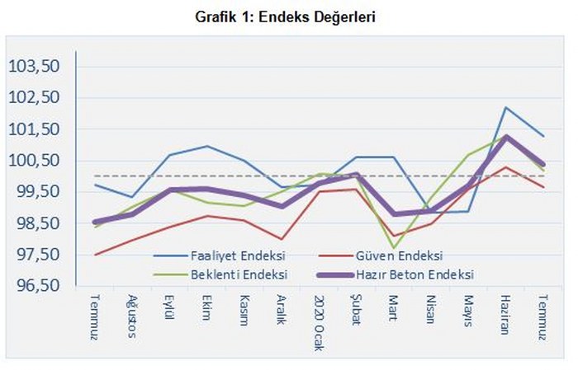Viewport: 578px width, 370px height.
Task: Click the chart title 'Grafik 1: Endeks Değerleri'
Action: pos(289,16)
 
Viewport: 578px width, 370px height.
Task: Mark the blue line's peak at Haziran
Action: pos(505,107)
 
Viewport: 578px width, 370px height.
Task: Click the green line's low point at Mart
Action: pos(393,248)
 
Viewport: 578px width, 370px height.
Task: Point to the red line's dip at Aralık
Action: pos(282,239)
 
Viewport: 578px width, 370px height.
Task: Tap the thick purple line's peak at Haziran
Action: pos(505,137)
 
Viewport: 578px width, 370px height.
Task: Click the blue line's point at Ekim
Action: pos(206,146)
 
